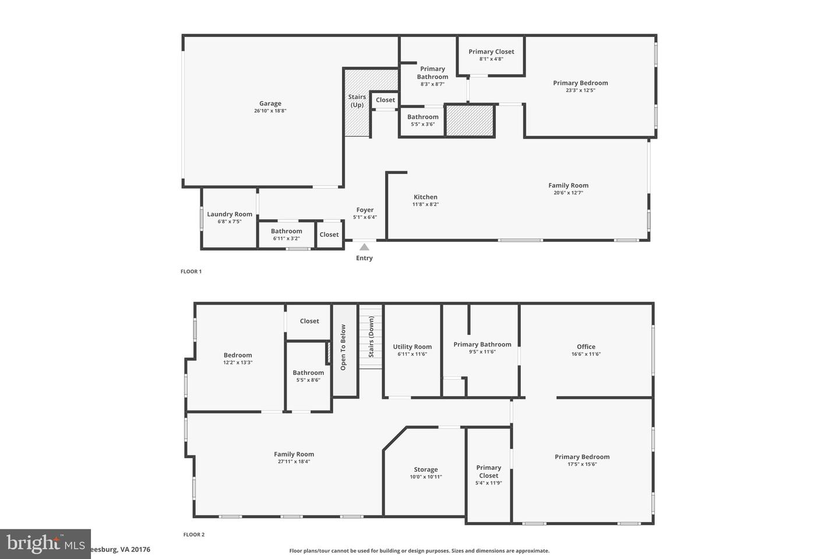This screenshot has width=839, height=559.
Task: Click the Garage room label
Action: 270,104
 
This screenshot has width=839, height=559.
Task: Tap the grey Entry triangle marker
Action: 364,247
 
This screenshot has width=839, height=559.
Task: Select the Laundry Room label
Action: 230,214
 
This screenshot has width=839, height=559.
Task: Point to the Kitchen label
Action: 425,197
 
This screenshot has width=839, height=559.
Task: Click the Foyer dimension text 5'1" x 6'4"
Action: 365,217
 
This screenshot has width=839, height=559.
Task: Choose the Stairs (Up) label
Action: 357,101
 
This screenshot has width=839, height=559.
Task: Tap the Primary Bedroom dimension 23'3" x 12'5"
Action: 580,90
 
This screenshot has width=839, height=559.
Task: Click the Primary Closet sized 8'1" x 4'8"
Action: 491,52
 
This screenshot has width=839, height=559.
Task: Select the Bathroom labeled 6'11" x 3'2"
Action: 286,231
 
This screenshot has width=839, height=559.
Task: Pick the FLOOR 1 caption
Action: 191,271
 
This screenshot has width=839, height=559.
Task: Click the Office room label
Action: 586,346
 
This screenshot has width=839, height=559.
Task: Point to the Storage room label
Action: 426,469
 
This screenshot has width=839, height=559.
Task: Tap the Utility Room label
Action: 413,346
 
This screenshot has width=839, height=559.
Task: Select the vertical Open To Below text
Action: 343,347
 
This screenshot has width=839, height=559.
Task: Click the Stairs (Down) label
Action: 371,337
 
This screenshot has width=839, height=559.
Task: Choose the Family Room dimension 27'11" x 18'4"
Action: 294,462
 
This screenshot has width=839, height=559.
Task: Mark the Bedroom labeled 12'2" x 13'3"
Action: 238,355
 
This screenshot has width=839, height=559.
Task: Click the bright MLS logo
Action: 45,544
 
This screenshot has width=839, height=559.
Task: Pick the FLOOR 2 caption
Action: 194,535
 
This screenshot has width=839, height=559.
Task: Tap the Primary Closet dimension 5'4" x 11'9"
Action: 488,483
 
